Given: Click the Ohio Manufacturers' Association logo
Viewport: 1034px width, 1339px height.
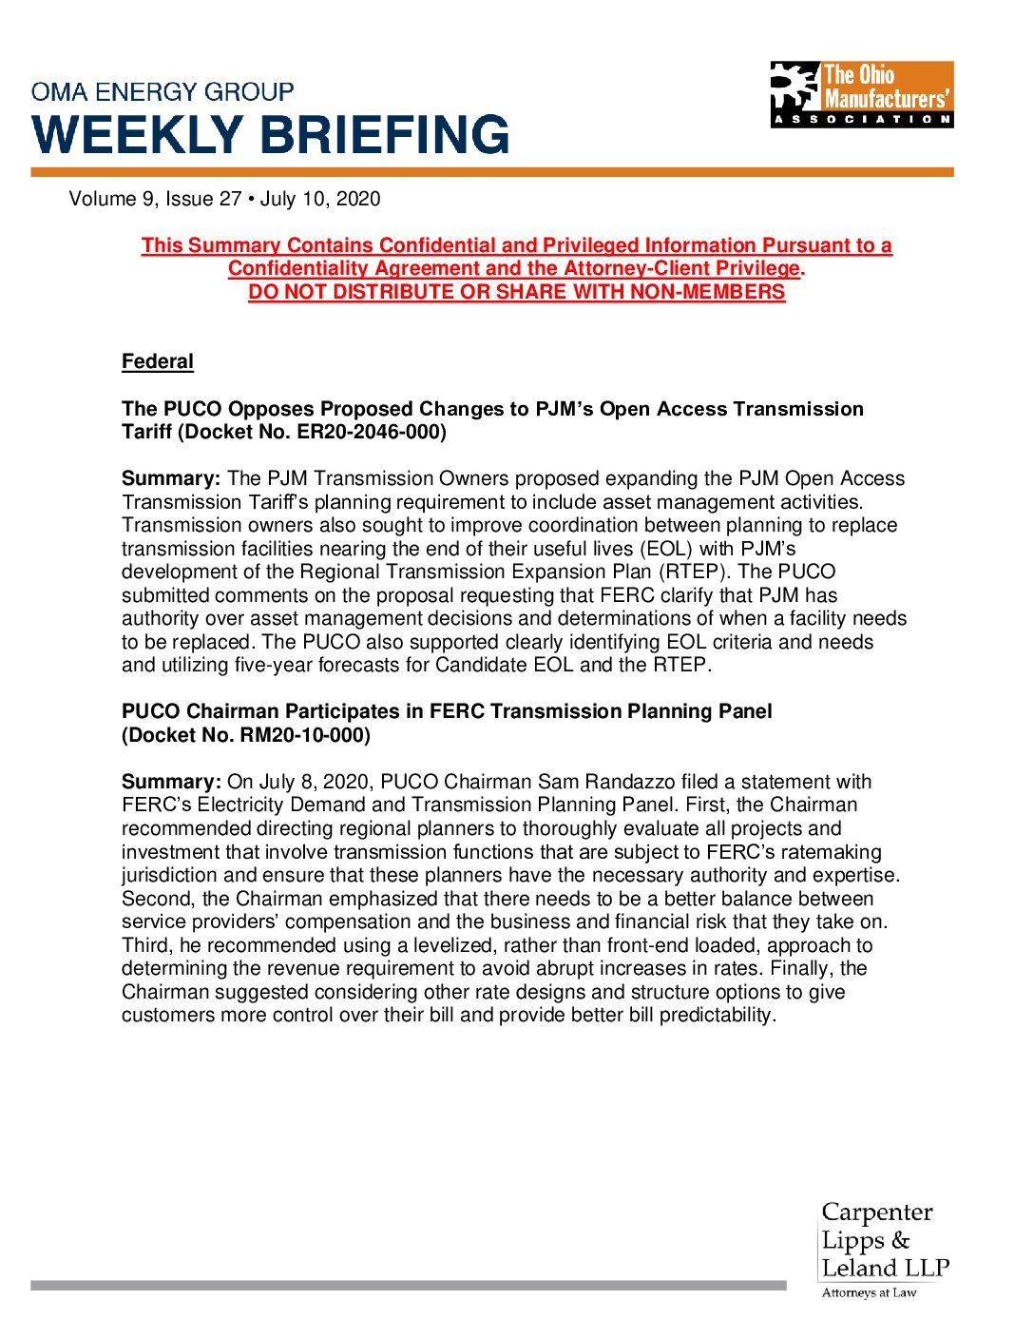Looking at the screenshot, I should tap(861, 94).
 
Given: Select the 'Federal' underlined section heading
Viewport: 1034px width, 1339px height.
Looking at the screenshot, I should tap(157, 361).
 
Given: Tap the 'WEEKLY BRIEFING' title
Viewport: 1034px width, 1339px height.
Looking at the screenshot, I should tap(271, 134).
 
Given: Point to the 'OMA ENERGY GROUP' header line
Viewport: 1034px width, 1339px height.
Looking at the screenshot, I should tap(163, 92).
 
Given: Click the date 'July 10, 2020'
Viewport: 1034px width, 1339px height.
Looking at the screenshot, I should tap(320, 199).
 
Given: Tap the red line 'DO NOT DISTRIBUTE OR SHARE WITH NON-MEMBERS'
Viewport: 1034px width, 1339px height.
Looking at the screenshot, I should tap(517, 292).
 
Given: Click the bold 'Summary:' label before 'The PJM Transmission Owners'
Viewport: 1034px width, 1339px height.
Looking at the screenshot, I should tap(171, 478).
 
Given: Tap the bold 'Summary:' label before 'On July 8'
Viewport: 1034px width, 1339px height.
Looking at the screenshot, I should tap(171, 782).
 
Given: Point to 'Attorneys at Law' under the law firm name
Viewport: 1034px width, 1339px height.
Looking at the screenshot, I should tap(869, 1292).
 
